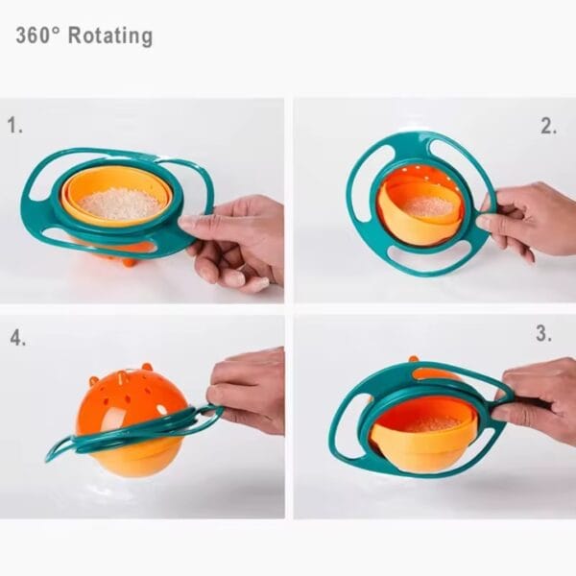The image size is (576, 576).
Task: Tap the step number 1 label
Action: [14, 125]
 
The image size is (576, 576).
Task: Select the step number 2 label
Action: [548, 126]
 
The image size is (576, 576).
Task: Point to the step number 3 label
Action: [543, 334]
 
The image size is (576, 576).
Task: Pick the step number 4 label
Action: [17, 338]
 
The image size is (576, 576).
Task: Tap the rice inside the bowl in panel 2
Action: [426, 204]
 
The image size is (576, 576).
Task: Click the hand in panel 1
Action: [240, 240]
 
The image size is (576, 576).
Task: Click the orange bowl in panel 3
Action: [422, 442]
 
